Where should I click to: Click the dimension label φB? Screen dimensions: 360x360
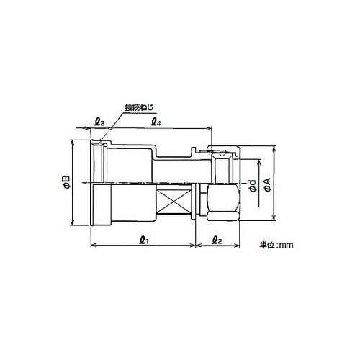66,182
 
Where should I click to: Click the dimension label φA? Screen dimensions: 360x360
267,185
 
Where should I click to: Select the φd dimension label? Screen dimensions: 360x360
253,186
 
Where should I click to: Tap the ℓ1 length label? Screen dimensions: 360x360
144,240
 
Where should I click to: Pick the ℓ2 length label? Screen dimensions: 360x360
217,240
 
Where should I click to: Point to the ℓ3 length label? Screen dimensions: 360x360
99,122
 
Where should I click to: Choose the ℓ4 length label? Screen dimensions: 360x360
156,122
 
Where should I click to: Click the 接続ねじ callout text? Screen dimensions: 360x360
139,108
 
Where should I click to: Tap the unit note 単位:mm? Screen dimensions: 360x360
276,245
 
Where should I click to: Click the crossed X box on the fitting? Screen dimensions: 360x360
174,202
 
